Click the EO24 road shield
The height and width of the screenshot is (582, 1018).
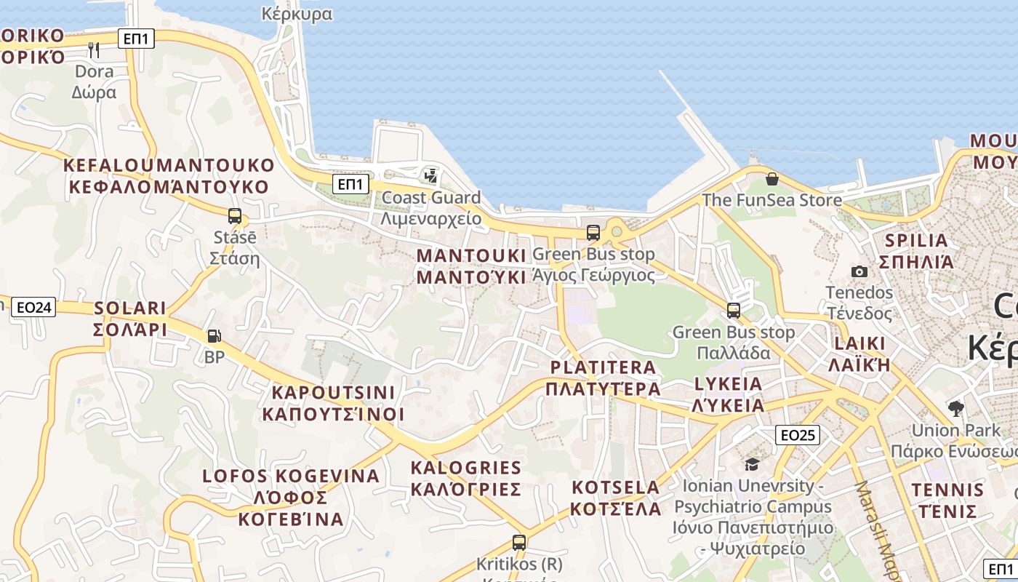[34, 308]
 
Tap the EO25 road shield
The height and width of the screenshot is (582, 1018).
[797, 435]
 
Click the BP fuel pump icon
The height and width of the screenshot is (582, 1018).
[214, 336]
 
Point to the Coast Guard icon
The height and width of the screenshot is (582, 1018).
[431, 175]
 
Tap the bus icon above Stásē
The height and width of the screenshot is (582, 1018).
[234, 216]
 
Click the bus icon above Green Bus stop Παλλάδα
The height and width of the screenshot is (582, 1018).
[734, 311]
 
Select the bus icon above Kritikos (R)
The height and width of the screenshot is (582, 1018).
[518, 542]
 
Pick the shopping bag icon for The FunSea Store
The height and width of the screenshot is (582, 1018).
[771, 178]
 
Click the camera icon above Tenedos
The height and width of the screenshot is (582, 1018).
[859, 271]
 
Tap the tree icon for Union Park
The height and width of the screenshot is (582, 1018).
[955, 408]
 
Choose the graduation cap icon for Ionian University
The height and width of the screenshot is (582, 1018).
[752, 463]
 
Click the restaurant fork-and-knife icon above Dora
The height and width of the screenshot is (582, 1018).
[93, 49]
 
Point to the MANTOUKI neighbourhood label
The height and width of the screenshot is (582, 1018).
[470, 266]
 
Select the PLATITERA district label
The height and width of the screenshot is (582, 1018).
[604, 378]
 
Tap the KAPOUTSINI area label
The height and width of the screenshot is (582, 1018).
[333, 403]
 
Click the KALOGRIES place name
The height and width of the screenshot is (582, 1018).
[466, 478]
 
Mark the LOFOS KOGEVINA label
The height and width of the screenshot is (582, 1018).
[291, 497]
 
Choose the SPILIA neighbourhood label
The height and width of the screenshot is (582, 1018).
[916, 251]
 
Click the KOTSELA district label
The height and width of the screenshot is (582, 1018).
[615, 498]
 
